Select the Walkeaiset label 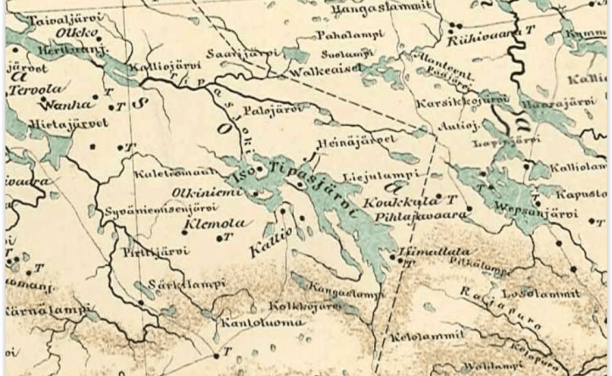click(x=324, y=70)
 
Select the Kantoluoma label click(x=265, y=322)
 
